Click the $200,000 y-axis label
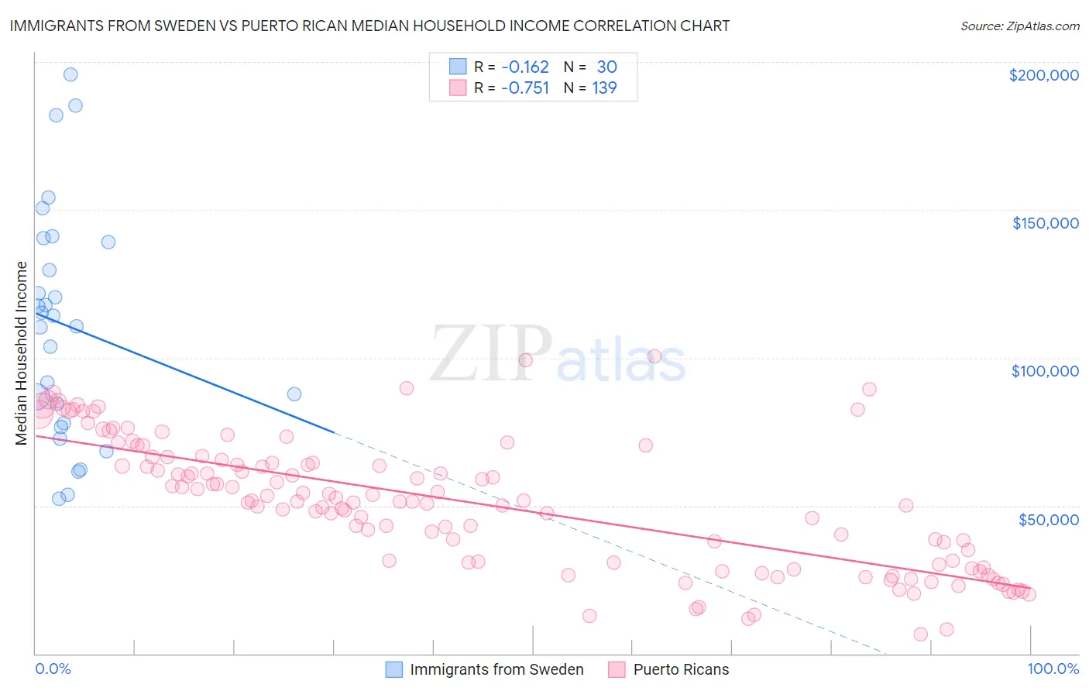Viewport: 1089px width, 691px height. pyautogui.click(x=1043, y=75)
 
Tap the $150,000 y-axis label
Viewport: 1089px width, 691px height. pyautogui.click(x=1045, y=223)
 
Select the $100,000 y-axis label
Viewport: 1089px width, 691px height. pyautogui.click(x=1045, y=371)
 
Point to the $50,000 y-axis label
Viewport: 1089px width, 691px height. pyautogui.click(x=1048, y=519)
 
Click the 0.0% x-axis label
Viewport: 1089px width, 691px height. pyautogui.click(x=53, y=669)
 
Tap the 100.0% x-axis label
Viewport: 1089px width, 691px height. pyautogui.click(x=1053, y=669)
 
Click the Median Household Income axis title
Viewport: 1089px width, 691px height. pyautogui.click(x=22, y=353)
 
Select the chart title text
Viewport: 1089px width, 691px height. pyautogui.click(x=369, y=26)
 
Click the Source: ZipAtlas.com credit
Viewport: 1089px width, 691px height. pyautogui.click(x=1019, y=26)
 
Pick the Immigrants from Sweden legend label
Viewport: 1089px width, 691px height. pyautogui.click(x=496, y=669)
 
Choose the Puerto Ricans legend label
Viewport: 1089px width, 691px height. pyautogui.click(x=681, y=669)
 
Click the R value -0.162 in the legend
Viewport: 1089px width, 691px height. pyautogui.click(x=524, y=67)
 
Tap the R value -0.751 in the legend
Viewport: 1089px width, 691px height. pyautogui.click(x=524, y=88)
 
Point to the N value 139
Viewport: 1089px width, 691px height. pyautogui.click(x=604, y=88)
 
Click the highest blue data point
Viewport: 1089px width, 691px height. pyautogui.click(x=70, y=74)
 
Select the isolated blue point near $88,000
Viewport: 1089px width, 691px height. pyautogui.click(x=294, y=394)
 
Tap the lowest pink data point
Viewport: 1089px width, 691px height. pyautogui.click(x=920, y=634)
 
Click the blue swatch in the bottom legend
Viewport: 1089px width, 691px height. pyautogui.click(x=394, y=669)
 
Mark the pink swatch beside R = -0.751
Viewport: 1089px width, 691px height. pyautogui.click(x=458, y=88)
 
